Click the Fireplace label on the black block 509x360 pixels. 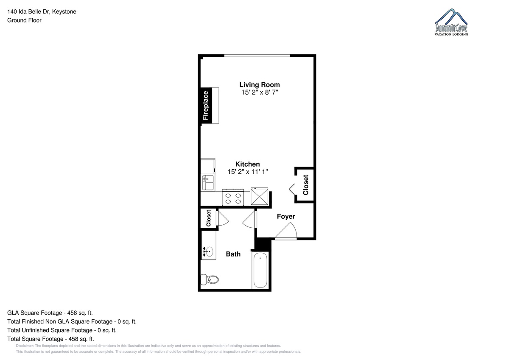205,106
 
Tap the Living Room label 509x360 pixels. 260,85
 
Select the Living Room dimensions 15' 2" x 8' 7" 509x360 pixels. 260,92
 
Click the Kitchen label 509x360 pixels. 247,164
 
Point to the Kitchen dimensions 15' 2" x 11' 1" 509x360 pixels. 248,172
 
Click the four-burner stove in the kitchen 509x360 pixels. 233,198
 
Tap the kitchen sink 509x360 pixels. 208,183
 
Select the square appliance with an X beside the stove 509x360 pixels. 259,196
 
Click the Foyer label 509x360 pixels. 286,216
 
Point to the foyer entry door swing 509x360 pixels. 287,231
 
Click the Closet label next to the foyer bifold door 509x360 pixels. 306,185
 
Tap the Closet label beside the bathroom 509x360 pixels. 208,218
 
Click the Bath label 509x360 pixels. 233,254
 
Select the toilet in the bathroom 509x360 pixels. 210,279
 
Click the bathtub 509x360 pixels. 260,270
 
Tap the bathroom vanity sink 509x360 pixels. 208,251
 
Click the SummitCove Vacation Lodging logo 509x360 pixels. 451,22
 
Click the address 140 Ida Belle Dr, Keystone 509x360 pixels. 42,11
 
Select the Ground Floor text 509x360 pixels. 24,20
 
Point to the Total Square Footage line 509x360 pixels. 50,339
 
